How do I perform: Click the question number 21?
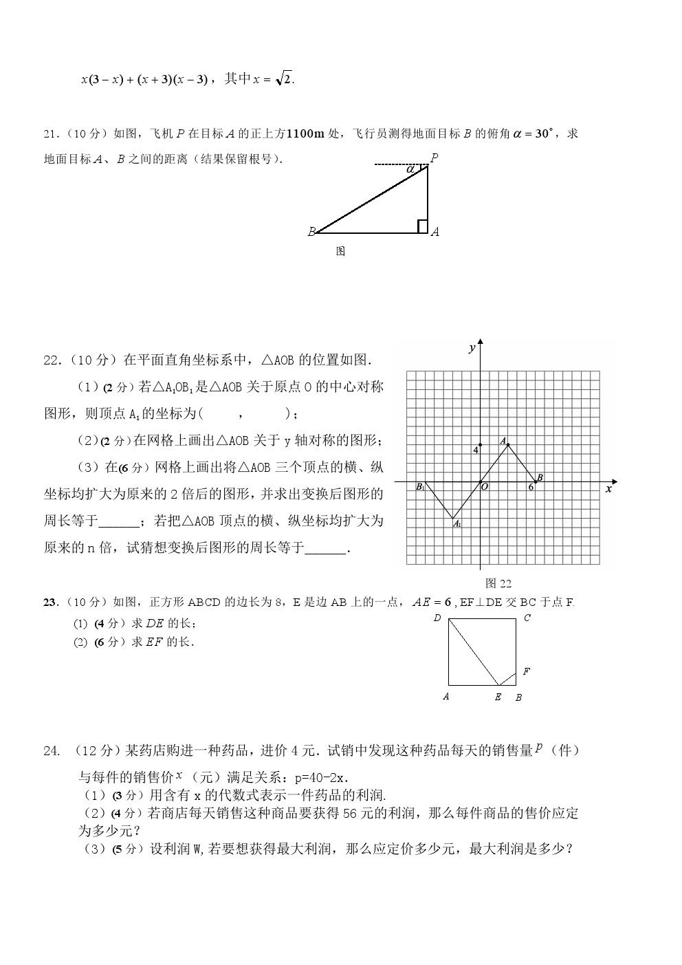[50, 133]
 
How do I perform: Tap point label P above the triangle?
[434, 158]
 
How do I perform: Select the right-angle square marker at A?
[422, 226]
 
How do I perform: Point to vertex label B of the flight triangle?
[311, 232]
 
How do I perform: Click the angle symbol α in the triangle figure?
[410, 168]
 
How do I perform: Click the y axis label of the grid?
[472, 348]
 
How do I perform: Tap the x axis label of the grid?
[608, 488]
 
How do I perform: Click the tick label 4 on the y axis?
[474, 450]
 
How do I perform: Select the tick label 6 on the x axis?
[531, 487]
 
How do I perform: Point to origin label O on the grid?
[485, 487]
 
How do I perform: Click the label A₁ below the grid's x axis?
[456, 524]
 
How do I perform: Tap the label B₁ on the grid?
[420, 487]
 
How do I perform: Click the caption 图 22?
[498, 583]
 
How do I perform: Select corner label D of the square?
[437, 618]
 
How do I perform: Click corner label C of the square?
[527, 618]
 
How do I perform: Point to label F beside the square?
[526, 671]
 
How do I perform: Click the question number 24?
[52, 751]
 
